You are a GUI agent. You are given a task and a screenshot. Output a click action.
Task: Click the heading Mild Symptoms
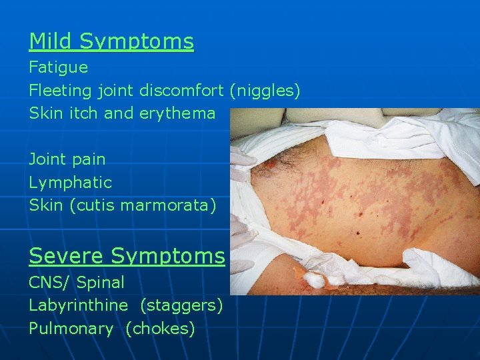(111, 41)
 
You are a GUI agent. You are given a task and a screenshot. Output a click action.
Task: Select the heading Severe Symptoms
(127, 255)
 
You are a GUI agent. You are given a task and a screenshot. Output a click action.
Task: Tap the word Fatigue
(58, 67)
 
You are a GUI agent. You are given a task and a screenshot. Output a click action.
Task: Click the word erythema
(177, 113)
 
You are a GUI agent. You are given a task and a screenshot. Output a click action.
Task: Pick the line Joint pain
(67, 159)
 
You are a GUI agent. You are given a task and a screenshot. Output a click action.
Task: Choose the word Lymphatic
(70, 182)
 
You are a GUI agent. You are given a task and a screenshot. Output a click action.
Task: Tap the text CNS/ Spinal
(76, 283)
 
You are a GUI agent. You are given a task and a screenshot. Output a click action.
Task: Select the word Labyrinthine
(78, 305)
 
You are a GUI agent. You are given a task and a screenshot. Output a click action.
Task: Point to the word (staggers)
(181, 305)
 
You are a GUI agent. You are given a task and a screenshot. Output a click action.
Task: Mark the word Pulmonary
(71, 329)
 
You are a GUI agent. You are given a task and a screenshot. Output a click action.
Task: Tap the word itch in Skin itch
(82, 113)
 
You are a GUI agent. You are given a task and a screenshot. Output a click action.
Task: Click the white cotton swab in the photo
(313, 278)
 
